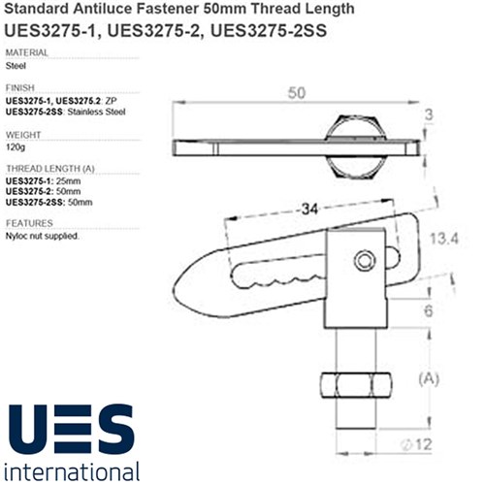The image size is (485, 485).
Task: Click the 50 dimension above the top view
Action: tap(297, 93)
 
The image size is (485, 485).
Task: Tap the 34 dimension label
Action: tap(309, 210)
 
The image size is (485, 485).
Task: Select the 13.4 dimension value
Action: tap(444, 239)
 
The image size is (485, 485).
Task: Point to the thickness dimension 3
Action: tap(429, 114)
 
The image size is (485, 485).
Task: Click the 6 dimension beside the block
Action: tap(429, 310)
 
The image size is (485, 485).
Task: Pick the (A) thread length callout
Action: tap(429, 378)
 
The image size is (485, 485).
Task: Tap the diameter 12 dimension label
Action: tap(416, 444)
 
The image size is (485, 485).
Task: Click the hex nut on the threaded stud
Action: tap(356, 385)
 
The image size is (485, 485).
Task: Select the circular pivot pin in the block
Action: tap(365, 260)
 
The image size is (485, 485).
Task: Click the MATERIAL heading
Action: tap(27, 52)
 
